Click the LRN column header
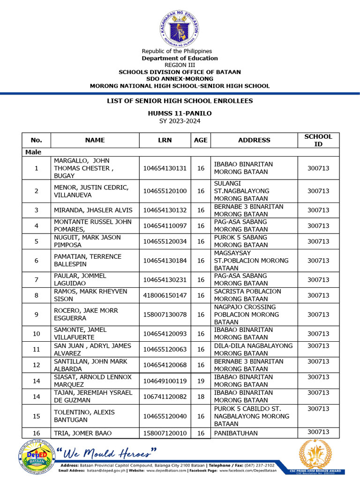point(165,140)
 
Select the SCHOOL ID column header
point(318,140)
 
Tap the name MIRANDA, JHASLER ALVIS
point(93,210)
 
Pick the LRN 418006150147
point(165,295)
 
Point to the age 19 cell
point(201,381)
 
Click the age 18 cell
point(201,397)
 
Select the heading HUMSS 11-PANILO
point(180,113)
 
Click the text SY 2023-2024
point(180,121)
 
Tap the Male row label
point(34,152)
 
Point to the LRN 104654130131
point(165,168)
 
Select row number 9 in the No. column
point(37,315)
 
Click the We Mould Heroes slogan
point(106,453)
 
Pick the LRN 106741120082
point(165,397)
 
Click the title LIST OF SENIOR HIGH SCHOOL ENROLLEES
point(180,101)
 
